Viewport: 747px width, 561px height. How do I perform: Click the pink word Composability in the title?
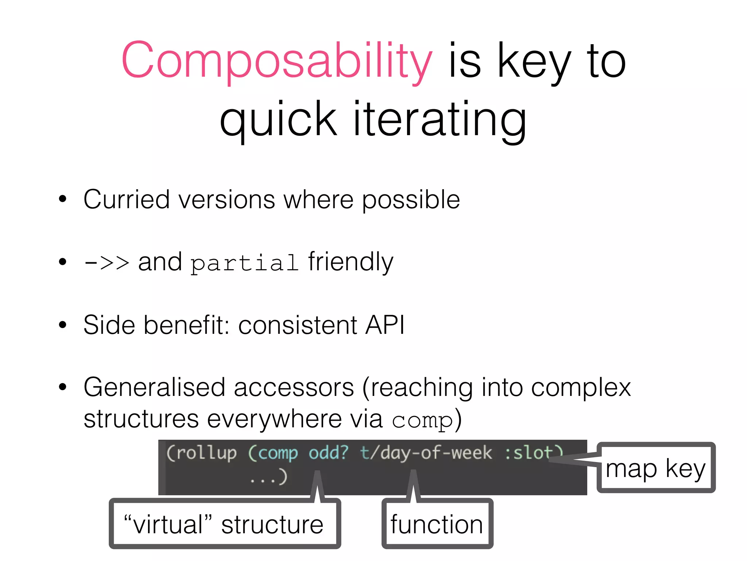pyautogui.click(x=276, y=60)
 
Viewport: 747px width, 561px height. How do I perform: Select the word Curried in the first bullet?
pyautogui.click(x=126, y=200)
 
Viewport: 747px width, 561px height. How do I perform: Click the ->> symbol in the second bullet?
pyautogui.click(x=106, y=263)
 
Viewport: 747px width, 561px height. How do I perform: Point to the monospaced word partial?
pyautogui.click(x=244, y=263)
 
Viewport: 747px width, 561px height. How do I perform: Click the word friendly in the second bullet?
pyautogui.click(x=351, y=262)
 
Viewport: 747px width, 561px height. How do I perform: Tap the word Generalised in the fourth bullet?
pyautogui.click(x=154, y=387)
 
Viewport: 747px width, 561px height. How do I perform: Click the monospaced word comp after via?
pyautogui.click(x=422, y=421)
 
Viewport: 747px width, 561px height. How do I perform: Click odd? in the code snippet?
pyautogui.click(x=328, y=453)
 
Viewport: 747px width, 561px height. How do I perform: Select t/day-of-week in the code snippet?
pyautogui.click(x=426, y=453)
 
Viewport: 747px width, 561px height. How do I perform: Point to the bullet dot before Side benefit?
pyautogui.click(x=63, y=325)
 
